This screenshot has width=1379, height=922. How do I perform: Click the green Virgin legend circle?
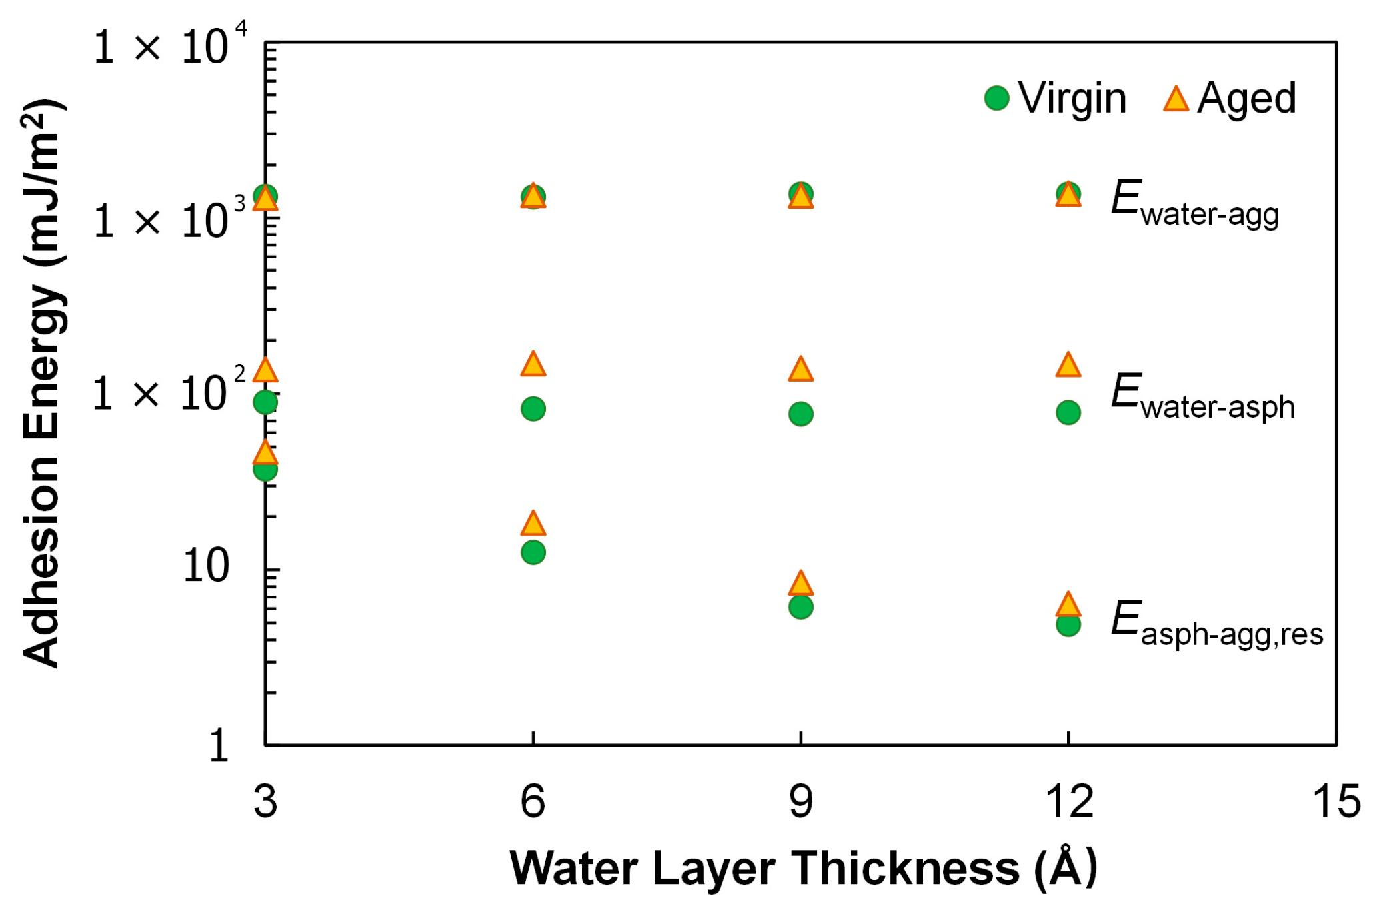[x=996, y=99]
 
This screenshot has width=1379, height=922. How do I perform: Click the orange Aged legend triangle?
[x=1176, y=99]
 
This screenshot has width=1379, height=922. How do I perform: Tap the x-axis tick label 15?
[x=1336, y=801]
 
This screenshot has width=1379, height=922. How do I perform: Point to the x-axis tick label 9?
[x=800, y=801]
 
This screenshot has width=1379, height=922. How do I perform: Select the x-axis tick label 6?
[x=533, y=801]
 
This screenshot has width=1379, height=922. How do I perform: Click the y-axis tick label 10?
[x=205, y=566]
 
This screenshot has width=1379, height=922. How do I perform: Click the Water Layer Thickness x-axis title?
[x=803, y=868]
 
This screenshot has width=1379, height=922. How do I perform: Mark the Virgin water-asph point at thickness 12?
[x=1068, y=412]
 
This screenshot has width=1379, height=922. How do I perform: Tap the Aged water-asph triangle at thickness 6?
[x=533, y=364]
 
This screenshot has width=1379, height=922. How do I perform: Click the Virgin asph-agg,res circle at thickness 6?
[x=533, y=552]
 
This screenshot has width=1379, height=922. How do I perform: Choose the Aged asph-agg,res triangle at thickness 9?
[x=800, y=584]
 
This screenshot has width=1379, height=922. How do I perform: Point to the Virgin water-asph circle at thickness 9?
[x=800, y=414]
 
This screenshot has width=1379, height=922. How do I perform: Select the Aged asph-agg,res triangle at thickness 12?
[x=1068, y=604]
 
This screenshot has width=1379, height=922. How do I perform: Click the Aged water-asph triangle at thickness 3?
[x=265, y=370]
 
